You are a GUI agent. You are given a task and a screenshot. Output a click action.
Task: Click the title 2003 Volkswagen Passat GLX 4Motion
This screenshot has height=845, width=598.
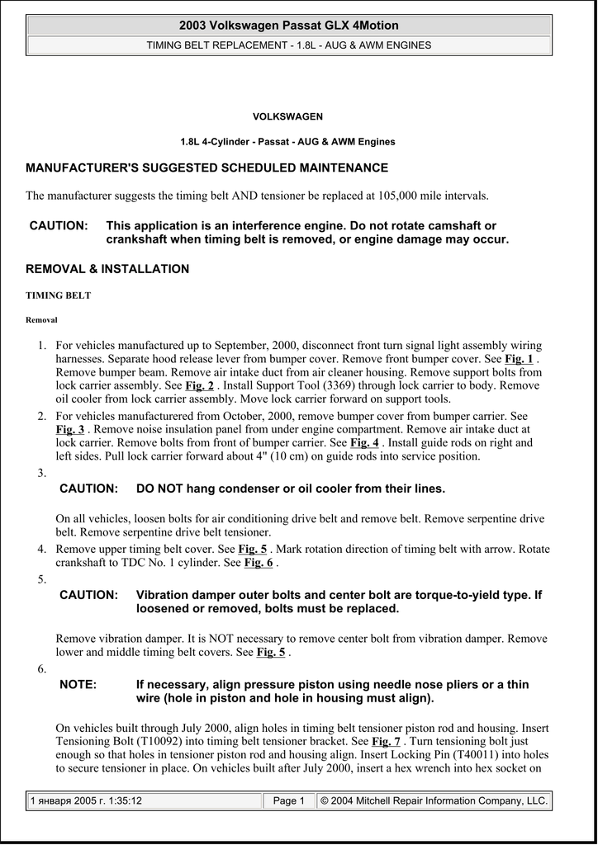[288, 26]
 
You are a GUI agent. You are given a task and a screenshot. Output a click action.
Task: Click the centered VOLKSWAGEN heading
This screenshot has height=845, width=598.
[287, 117]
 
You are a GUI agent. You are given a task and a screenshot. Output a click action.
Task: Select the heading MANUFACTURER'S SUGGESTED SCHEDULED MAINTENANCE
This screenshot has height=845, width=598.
[206, 168]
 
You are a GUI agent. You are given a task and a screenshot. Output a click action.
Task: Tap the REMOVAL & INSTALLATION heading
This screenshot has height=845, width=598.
[107, 269]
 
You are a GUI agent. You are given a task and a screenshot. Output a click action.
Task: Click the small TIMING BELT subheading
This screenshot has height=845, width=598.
[59, 295]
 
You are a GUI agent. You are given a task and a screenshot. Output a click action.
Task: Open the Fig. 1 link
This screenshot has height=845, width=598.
[519, 359]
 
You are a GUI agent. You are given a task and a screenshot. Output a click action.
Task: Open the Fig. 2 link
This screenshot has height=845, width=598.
[199, 385]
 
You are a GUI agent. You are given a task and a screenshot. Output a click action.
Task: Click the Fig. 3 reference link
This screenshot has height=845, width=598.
[70, 430]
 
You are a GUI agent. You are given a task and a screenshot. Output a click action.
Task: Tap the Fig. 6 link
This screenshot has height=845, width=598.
[259, 563]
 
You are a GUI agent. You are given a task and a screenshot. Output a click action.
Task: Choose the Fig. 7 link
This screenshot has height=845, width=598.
[386, 742]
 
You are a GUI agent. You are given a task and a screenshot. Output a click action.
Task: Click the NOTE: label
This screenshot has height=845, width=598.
[78, 685]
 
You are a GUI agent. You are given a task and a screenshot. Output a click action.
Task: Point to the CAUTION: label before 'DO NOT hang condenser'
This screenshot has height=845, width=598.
[88, 489]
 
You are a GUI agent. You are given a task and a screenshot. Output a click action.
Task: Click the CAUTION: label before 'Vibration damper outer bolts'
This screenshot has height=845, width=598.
[88, 595]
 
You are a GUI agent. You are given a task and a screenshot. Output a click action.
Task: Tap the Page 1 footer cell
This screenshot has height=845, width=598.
[289, 800]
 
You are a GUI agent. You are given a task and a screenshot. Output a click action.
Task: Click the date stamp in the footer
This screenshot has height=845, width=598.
[86, 800]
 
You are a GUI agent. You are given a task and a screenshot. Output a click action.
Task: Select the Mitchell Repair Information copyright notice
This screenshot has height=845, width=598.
[434, 800]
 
